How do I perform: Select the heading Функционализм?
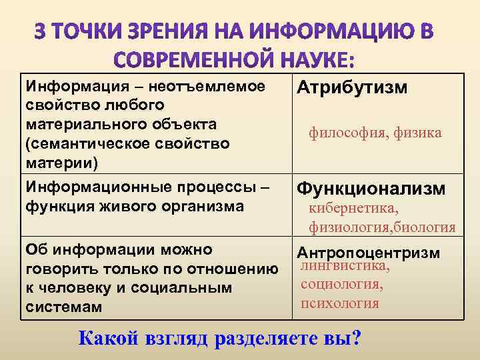pyautogui.click(x=371, y=189)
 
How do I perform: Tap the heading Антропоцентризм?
pyautogui.click(x=368, y=253)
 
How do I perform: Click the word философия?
pyautogui.click(x=339, y=133)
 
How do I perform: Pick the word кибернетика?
pyautogui.click(x=353, y=210)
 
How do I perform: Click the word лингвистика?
pyautogui.click(x=345, y=266)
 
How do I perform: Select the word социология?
pyautogui.click(x=342, y=285)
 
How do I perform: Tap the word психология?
pyautogui.click(x=340, y=303)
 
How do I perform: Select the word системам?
pyautogui.click(x=63, y=307)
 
